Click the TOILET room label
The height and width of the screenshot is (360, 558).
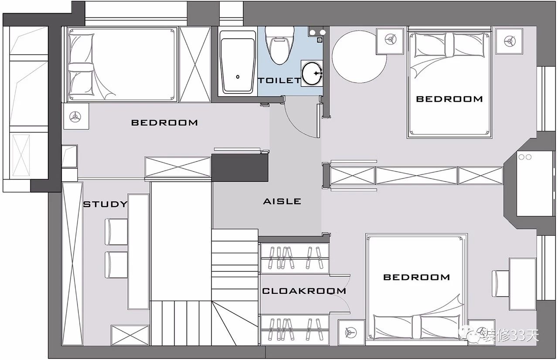(x=279, y=81)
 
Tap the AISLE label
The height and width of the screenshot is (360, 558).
(x=282, y=201)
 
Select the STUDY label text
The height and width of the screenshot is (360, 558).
(x=105, y=204)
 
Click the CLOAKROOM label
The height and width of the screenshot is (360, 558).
(x=304, y=291)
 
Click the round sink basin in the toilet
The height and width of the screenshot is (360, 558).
(x=312, y=73)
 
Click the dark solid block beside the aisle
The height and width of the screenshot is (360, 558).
(x=240, y=168)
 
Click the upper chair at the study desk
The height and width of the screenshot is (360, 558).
(x=116, y=232)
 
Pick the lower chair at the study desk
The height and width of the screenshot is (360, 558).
(x=116, y=265)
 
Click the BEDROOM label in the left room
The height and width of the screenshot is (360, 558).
(x=164, y=123)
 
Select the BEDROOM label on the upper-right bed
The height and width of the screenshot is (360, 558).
(x=449, y=99)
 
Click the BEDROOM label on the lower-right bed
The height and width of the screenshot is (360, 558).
(x=416, y=277)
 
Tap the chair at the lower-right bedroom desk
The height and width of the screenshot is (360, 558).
(x=500, y=284)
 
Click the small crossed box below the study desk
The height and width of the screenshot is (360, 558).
(x=130, y=335)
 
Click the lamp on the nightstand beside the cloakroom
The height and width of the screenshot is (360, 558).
(x=351, y=333)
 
